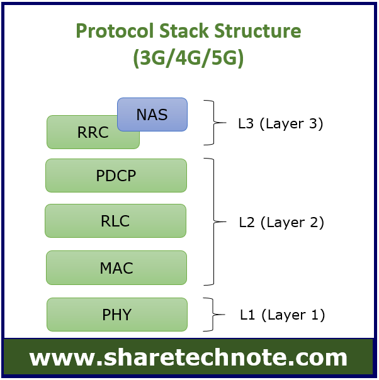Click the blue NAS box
pyautogui.click(x=152, y=115)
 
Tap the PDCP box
pyautogui.click(x=116, y=176)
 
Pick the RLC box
pyautogui.click(x=115, y=221)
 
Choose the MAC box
pyautogui.click(x=116, y=267)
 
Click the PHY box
pyautogui.click(x=117, y=315)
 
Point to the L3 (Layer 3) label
pyautogui.click(x=281, y=123)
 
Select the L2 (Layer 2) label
pyautogui.click(x=281, y=222)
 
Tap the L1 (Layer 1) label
pyautogui.click(x=282, y=315)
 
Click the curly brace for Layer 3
pyautogui.click(x=213, y=123)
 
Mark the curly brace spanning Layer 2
pyautogui.click(x=213, y=221)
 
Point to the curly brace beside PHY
pyautogui.click(x=213, y=315)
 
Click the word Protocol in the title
pyautogui.click(x=115, y=31)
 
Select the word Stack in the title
pyautogui.click(x=184, y=31)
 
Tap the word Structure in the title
pyautogui.click(x=257, y=31)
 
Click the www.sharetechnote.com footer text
pyautogui.click(x=188, y=358)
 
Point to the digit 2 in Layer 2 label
pyautogui.click(x=314, y=221)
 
